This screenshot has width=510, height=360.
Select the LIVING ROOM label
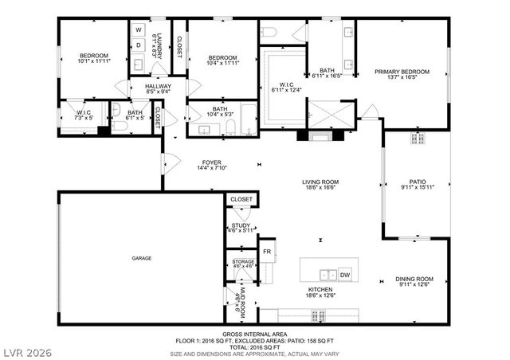pos(320,182)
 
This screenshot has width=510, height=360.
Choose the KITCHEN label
pos(320,289)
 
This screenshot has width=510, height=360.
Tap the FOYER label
pos(212,162)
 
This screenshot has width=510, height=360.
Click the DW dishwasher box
pos(345,276)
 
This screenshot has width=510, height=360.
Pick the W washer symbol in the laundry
pos(138,30)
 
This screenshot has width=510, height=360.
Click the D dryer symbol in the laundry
pos(138,45)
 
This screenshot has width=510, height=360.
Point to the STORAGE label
pos(243,262)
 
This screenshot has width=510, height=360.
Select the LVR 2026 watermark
pos(28,349)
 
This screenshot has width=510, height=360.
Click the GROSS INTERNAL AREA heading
pos(254,334)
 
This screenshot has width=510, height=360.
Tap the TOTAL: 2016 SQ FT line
pos(254,346)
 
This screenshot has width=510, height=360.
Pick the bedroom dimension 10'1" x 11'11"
pos(93,61)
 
